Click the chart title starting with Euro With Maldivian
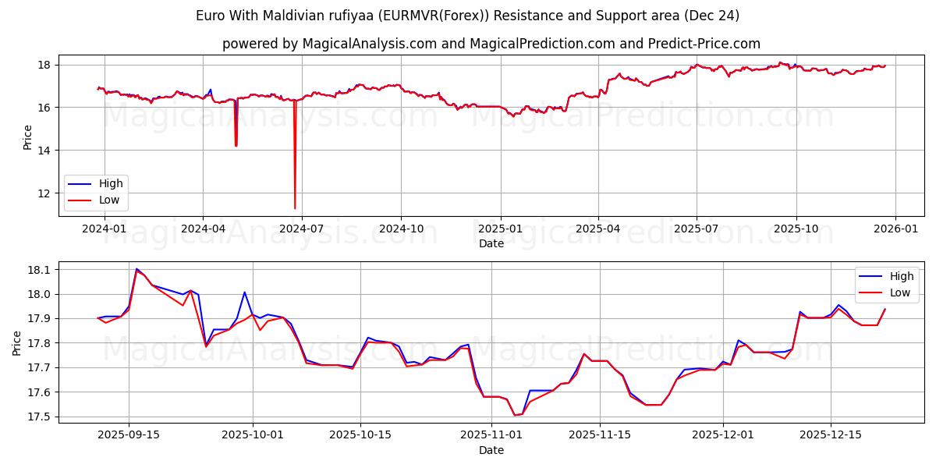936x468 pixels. click(x=468, y=16)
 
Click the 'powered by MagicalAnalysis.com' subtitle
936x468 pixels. click(x=491, y=44)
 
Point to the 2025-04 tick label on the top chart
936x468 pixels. click(x=598, y=229)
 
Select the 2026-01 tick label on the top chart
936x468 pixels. click(x=895, y=229)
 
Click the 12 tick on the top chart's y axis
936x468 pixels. click(x=45, y=193)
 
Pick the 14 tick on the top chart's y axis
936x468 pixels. click(x=45, y=150)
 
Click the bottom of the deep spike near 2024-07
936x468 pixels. click(x=295, y=208)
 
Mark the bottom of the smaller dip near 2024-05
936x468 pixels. click(x=236, y=145)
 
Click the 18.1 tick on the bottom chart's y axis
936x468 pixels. click(x=38, y=270)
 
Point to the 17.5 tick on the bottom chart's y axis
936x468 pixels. click(x=38, y=417)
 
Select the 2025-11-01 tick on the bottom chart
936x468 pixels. click(x=491, y=434)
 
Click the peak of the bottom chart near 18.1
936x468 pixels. click(x=136, y=269)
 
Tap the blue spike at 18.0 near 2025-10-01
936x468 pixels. click(x=244, y=292)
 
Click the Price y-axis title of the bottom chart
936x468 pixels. click(x=17, y=342)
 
